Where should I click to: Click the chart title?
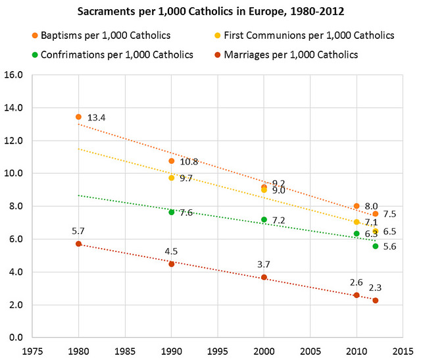[210, 12]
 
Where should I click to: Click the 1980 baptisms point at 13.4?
[79, 117]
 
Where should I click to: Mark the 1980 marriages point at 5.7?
[79, 244]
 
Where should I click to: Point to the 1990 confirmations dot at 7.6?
[172, 212]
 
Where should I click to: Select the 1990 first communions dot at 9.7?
[172, 178]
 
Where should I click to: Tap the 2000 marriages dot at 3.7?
[264, 277]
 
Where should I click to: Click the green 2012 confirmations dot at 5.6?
[375, 245]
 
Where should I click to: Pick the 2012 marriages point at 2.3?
[375, 300]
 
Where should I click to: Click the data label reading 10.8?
[189, 161]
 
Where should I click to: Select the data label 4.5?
[172, 250]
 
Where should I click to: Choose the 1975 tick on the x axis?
[33, 351]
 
